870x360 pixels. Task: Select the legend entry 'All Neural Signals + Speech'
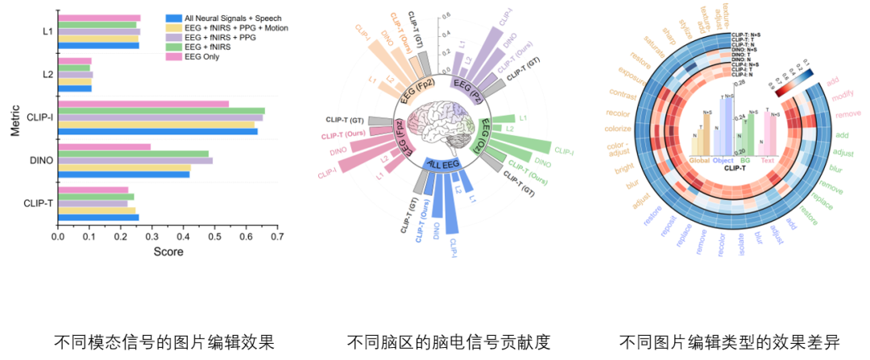click(233, 18)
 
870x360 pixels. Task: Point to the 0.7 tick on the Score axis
click(277, 238)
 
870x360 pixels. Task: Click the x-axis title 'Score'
click(168, 251)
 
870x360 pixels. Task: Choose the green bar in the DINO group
click(133, 153)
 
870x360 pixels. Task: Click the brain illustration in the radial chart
click(438, 124)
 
